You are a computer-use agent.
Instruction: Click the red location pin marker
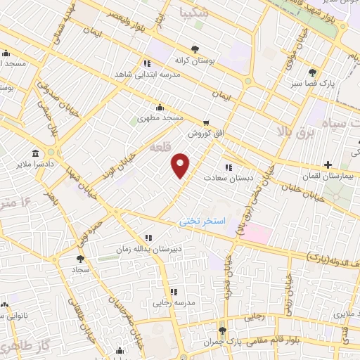pos(181,166)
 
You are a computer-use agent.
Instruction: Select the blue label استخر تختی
pos(203,221)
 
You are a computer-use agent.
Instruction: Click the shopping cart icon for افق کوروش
pos(206,122)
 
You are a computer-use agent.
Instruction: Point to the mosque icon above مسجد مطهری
pos(160,108)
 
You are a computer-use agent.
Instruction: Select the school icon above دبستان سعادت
pos(228,167)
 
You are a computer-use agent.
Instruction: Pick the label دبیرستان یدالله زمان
pos(149,249)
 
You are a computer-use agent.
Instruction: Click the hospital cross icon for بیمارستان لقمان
pos(328,165)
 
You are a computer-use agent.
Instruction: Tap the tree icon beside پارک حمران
pos(223,330)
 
